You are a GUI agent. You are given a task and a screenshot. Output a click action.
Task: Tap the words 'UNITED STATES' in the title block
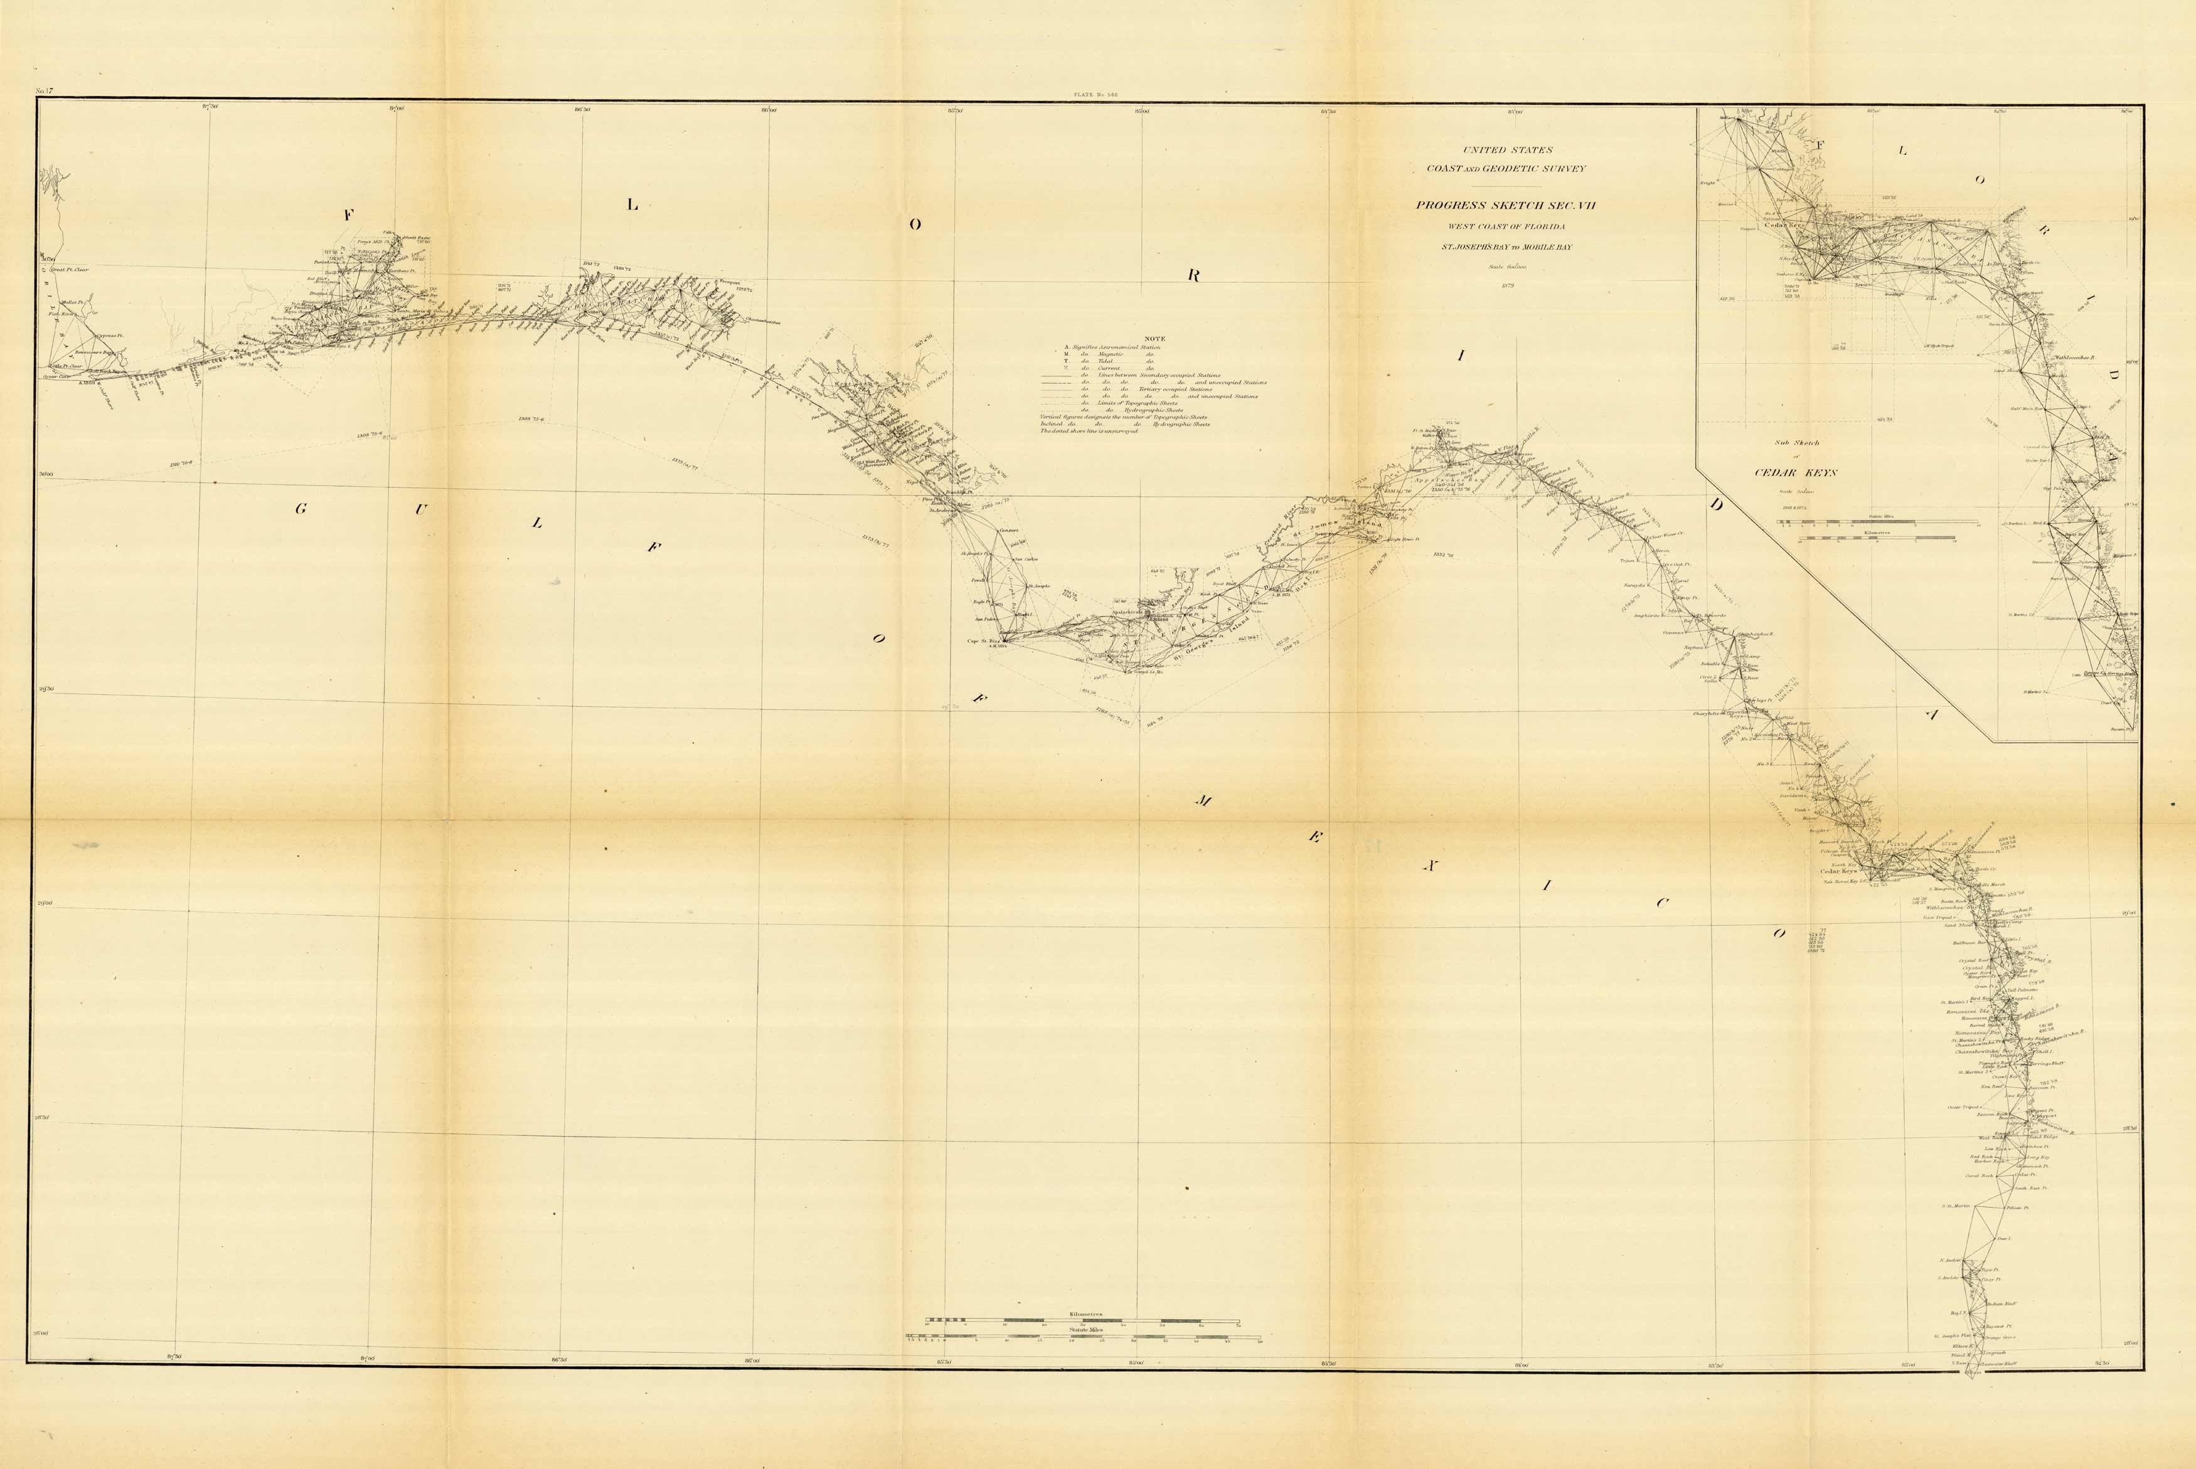point(1508,150)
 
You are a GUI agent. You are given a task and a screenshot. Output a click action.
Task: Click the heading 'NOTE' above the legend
point(1154,339)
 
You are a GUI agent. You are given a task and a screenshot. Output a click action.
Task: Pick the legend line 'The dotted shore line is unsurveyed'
point(1089,431)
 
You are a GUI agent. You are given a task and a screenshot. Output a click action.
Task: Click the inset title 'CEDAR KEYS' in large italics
point(1795,472)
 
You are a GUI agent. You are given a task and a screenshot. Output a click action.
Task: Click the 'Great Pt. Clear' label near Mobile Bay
point(68,270)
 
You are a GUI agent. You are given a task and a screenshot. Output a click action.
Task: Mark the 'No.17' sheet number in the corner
point(43,92)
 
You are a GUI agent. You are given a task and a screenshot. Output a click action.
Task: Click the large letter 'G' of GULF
point(301,509)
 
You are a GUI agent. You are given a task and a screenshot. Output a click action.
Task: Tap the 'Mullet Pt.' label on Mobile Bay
point(73,302)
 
